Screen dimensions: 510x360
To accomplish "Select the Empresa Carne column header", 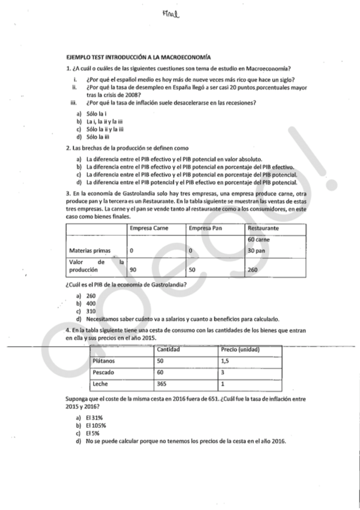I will [149, 229].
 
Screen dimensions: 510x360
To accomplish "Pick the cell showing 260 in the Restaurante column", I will [252, 270].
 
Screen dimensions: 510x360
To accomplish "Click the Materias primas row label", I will [87, 250].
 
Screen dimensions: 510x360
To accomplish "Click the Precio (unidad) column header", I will [240, 349].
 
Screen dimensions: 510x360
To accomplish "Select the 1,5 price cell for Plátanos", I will [225, 361].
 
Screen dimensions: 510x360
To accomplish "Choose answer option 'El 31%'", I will [95, 417].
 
